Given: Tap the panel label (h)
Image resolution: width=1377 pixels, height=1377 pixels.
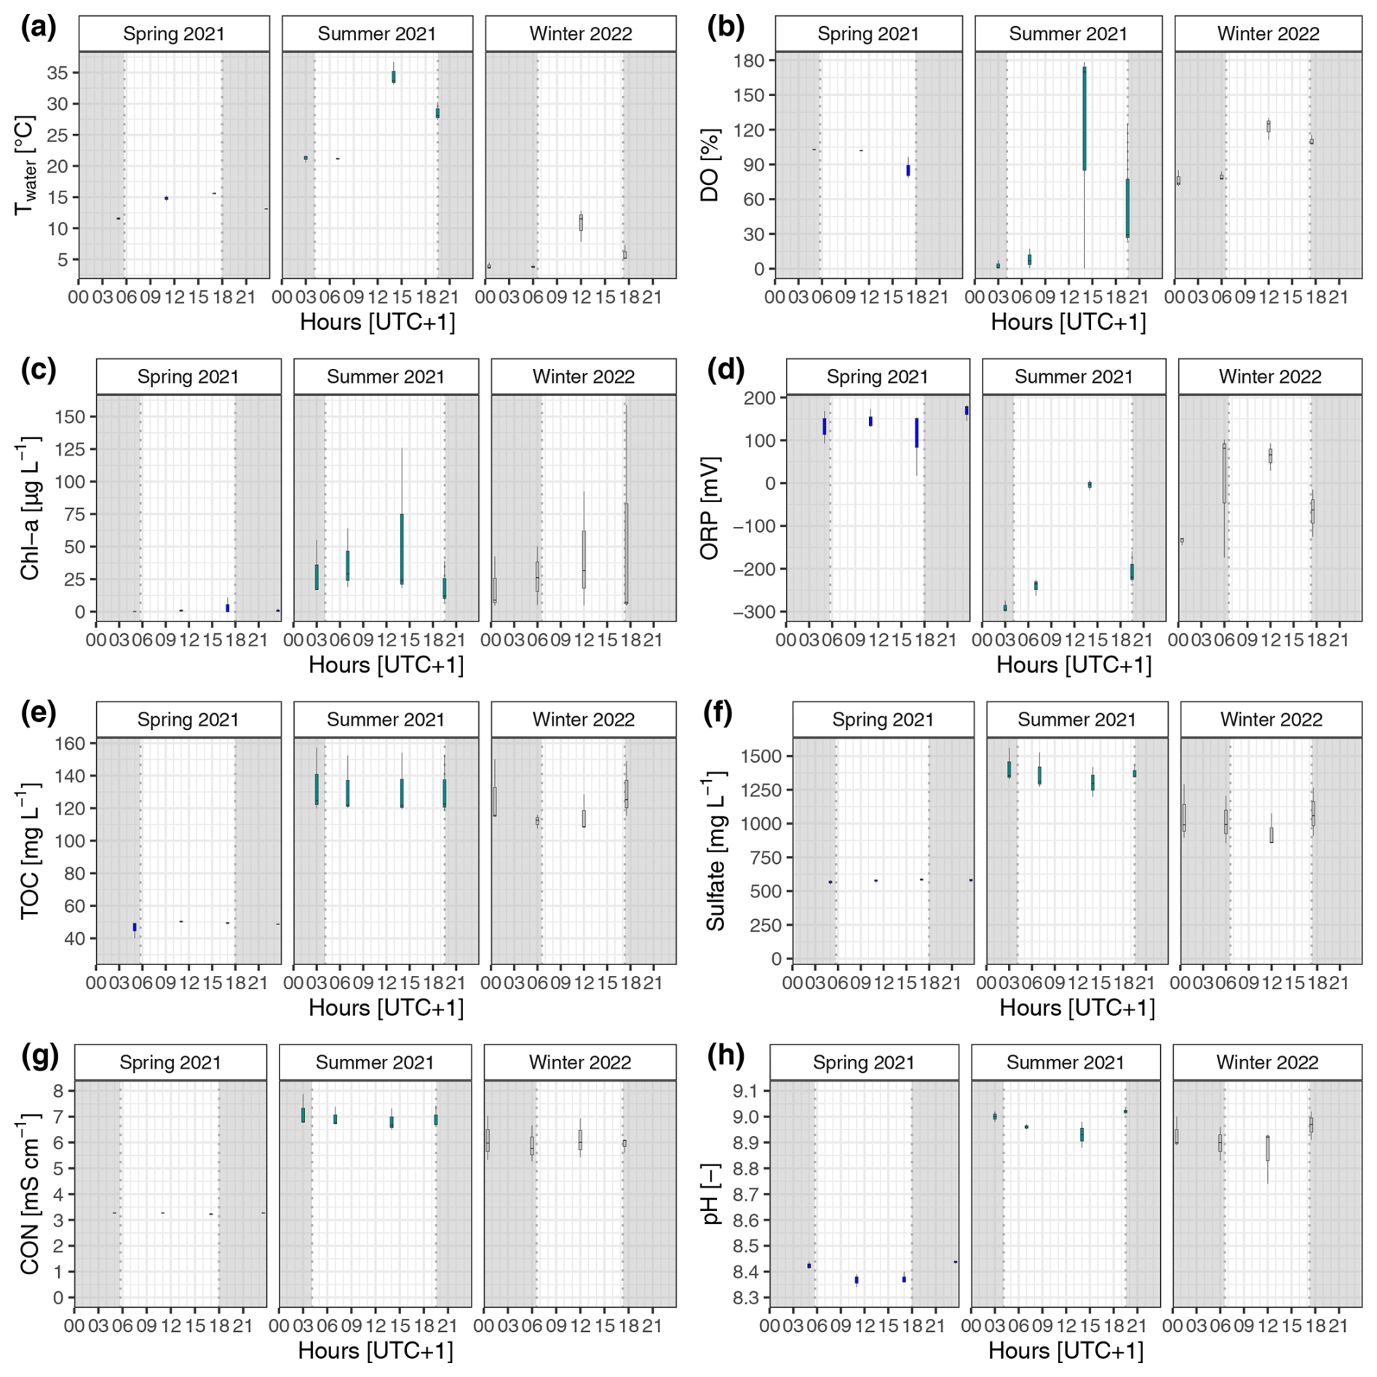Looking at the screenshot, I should point(726,1056).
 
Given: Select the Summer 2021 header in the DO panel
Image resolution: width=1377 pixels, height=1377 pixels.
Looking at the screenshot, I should point(1068,34).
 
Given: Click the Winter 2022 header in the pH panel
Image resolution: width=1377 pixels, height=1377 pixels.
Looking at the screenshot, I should point(1267,1063).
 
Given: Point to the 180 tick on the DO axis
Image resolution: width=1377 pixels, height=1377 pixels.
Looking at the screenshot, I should point(750,60).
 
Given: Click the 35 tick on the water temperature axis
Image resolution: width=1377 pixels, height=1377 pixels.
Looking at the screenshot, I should point(57,73).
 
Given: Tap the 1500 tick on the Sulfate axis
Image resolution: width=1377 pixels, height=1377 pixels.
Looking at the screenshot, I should point(761,757).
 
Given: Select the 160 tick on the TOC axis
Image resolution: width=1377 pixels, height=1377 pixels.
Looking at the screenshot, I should point(71,744).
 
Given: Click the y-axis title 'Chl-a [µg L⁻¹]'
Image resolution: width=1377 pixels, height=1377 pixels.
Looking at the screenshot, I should point(30,508).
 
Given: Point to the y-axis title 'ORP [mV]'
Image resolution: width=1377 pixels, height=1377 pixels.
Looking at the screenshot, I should point(710,508).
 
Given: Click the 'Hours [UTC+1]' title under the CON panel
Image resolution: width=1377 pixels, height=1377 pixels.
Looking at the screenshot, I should point(375,1351).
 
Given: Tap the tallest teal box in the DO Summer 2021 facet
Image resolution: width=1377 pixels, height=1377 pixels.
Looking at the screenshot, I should point(1084,119).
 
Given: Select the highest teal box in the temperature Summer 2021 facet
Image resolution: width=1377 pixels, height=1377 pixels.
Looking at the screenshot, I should point(394,76).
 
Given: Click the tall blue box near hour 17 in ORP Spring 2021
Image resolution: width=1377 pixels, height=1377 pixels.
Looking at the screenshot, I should point(916,433).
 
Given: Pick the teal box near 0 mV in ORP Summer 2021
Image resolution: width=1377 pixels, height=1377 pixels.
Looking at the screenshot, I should point(1090,485).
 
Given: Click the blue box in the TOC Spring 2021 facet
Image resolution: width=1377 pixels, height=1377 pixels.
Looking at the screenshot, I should point(135,927).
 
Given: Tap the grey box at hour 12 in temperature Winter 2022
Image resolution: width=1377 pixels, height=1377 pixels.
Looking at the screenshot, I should point(581,223).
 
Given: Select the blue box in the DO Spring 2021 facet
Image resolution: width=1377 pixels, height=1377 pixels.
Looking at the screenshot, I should point(908,170).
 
